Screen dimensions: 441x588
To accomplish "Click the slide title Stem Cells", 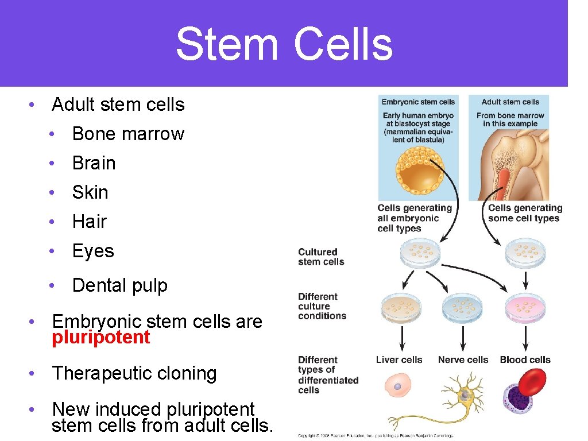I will pos(284,45).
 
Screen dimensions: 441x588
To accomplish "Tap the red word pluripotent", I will pos(100,337).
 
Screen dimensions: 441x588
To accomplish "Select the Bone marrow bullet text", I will pos(128,134).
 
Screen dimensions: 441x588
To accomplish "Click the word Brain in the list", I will pos(94,163).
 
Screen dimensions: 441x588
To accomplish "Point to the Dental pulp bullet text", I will pos(119,285).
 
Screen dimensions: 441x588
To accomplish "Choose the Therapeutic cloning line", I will pos(134,373).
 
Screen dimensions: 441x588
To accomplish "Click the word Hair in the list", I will pos(90,222).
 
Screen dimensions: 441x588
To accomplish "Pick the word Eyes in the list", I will pos(93,251).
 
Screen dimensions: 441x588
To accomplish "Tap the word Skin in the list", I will pos(90,192).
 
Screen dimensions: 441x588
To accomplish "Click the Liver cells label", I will pos(399,360).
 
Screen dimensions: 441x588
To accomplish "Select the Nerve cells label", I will pos(463,360).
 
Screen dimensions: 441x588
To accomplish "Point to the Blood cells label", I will pos(525,360).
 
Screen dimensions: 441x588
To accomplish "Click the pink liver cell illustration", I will pos(398,386).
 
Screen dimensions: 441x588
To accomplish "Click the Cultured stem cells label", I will pos(321,257).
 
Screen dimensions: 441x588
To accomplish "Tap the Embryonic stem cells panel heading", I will pos(418,102).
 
